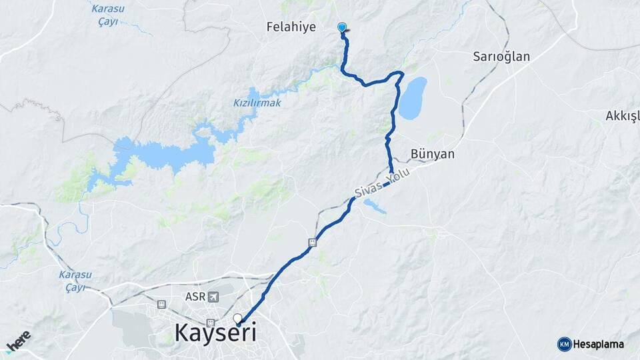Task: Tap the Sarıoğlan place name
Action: click(501, 56)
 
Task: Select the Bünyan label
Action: click(433, 154)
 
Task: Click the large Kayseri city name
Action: click(215, 332)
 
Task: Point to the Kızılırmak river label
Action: click(257, 103)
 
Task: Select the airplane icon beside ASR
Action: click(213, 296)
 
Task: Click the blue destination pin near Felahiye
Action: click(342, 27)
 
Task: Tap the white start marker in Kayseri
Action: click(237, 318)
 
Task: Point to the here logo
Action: click(18, 341)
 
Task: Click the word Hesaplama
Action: click(599, 344)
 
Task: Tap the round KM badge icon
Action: click(564, 344)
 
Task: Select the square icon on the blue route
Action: click(313, 243)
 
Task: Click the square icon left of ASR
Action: click(161, 304)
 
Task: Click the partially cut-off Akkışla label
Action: click(622, 116)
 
